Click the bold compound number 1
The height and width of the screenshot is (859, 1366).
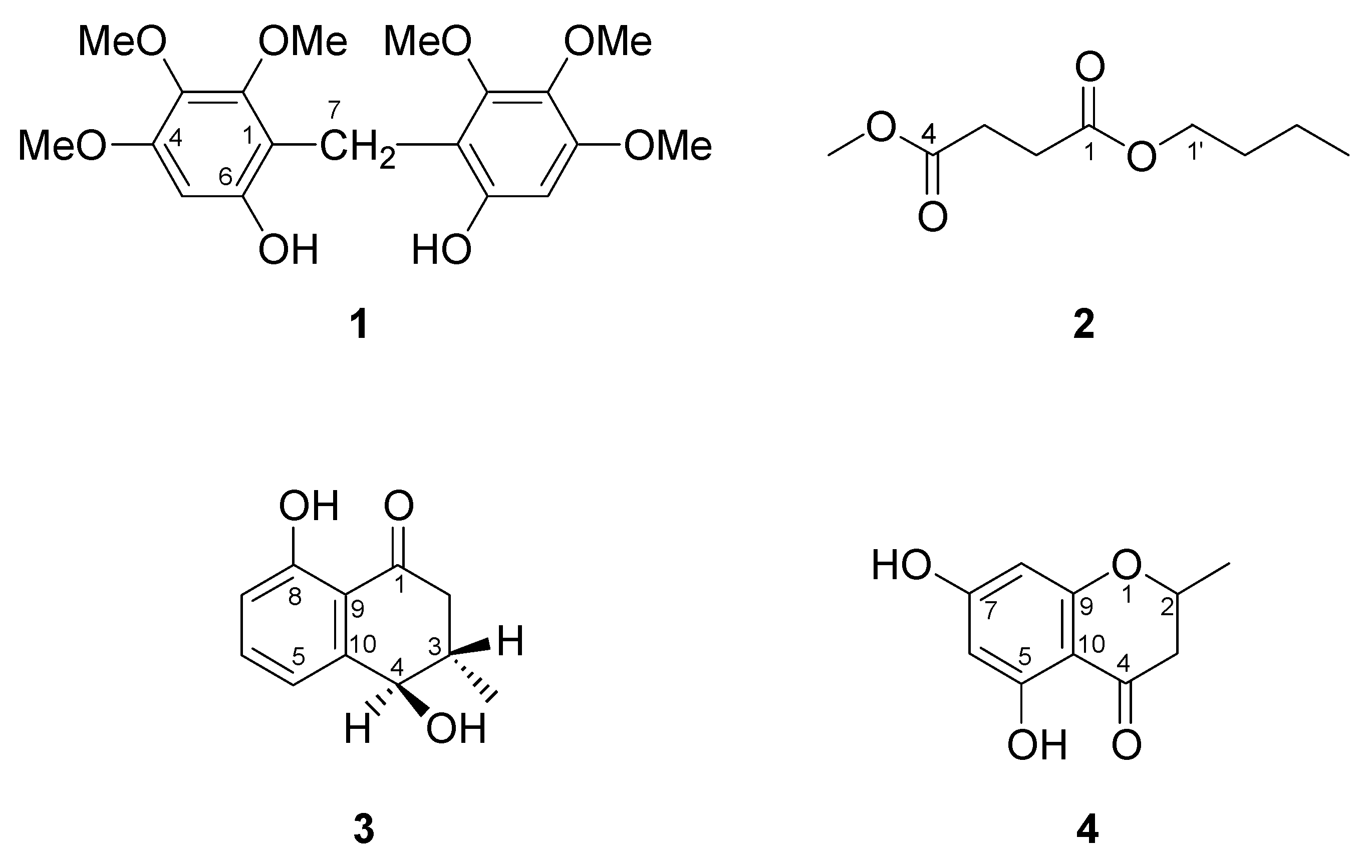[x=359, y=325]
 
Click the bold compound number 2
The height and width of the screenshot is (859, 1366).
[x=1083, y=325]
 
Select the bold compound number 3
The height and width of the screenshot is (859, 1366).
[x=364, y=829]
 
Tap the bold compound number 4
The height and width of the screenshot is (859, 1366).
[x=1087, y=829]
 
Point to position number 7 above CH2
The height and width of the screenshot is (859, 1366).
[x=334, y=109]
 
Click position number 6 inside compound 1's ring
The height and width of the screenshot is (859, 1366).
[x=225, y=178]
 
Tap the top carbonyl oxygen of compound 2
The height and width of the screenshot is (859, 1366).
[x=1089, y=68]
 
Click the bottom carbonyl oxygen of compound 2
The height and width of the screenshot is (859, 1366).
[x=933, y=217]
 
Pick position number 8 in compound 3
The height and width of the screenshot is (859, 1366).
[x=295, y=597]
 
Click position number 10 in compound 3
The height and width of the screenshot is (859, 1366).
[x=363, y=644]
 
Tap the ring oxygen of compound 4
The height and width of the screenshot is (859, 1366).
[x=1126, y=565]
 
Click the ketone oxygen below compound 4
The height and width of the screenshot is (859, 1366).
[x=1126, y=745]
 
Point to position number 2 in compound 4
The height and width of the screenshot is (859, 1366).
[x=1168, y=607]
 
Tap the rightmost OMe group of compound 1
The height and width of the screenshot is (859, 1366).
[x=668, y=146]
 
